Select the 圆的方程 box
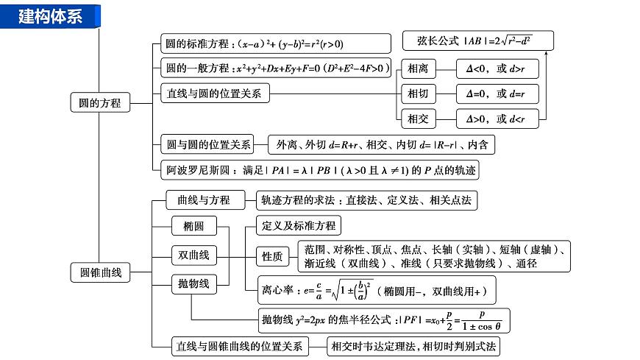pyautogui.click(x=99, y=103)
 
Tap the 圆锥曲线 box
pyautogui.click(x=99, y=272)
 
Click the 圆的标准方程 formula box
pyautogui.click(x=275, y=43)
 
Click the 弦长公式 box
pyautogui.click(x=478, y=41)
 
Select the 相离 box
pyautogui.click(x=417, y=69)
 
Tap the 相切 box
pyautogui.click(x=417, y=93)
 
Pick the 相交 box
pyautogui.click(x=417, y=118)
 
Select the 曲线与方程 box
pyautogui.click(x=198, y=200)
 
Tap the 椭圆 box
pyautogui.click(x=193, y=226)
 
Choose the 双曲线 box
pyautogui.click(x=193, y=255)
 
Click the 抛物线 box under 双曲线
pyautogui.click(x=193, y=283)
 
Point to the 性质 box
pyautogui.click(x=271, y=256)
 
